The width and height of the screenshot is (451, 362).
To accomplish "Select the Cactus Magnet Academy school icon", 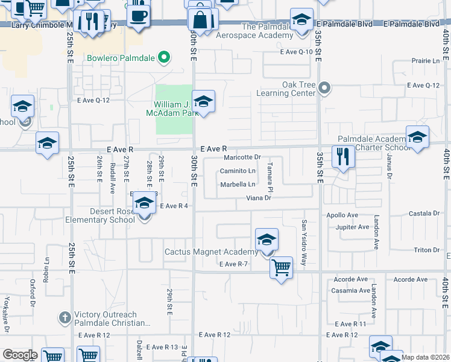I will coord(266,240).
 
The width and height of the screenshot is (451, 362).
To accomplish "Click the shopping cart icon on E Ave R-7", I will coord(282,267).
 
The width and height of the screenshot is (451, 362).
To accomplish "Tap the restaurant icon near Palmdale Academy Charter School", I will coord(343,157).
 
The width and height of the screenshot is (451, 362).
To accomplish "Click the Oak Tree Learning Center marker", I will coord(324,89).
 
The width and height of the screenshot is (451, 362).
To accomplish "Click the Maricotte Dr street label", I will coord(242,157).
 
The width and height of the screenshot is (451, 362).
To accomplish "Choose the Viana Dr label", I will coord(260,198).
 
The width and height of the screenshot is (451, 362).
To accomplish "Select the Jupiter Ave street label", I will coord(355,227).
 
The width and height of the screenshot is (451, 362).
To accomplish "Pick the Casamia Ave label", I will coord(353,290).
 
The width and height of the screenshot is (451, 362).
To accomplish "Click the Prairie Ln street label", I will coord(426,61).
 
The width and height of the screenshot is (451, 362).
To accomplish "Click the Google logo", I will coord(20,355).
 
